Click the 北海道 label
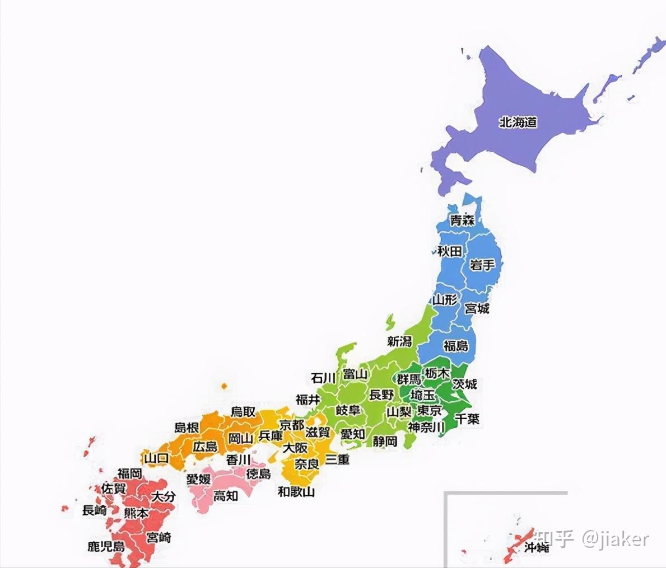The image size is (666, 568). pyautogui.click(x=518, y=121)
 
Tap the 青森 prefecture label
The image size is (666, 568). pyautogui.click(x=462, y=220)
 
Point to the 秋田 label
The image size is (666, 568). pyautogui.click(x=450, y=251)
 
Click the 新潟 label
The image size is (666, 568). pyautogui.click(x=399, y=341)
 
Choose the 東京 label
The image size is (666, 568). pyautogui.click(x=430, y=410)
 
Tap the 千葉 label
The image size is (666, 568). pyautogui.click(x=467, y=418)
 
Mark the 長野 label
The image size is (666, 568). pyautogui.click(x=381, y=395)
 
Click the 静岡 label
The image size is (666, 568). pyautogui.click(x=385, y=441)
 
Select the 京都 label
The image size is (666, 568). pyautogui.click(x=292, y=425)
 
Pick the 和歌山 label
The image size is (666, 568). pyautogui.click(x=296, y=491)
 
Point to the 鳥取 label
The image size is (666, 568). pyautogui.click(x=243, y=412)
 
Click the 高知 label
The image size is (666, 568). pyautogui.click(x=226, y=495)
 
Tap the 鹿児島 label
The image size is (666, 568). pyautogui.click(x=106, y=546)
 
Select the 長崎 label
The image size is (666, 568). pyautogui.click(x=94, y=510)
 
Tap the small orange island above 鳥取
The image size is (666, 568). pyautogui.click(x=224, y=386)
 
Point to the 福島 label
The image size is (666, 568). pyautogui.click(x=456, y=345)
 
